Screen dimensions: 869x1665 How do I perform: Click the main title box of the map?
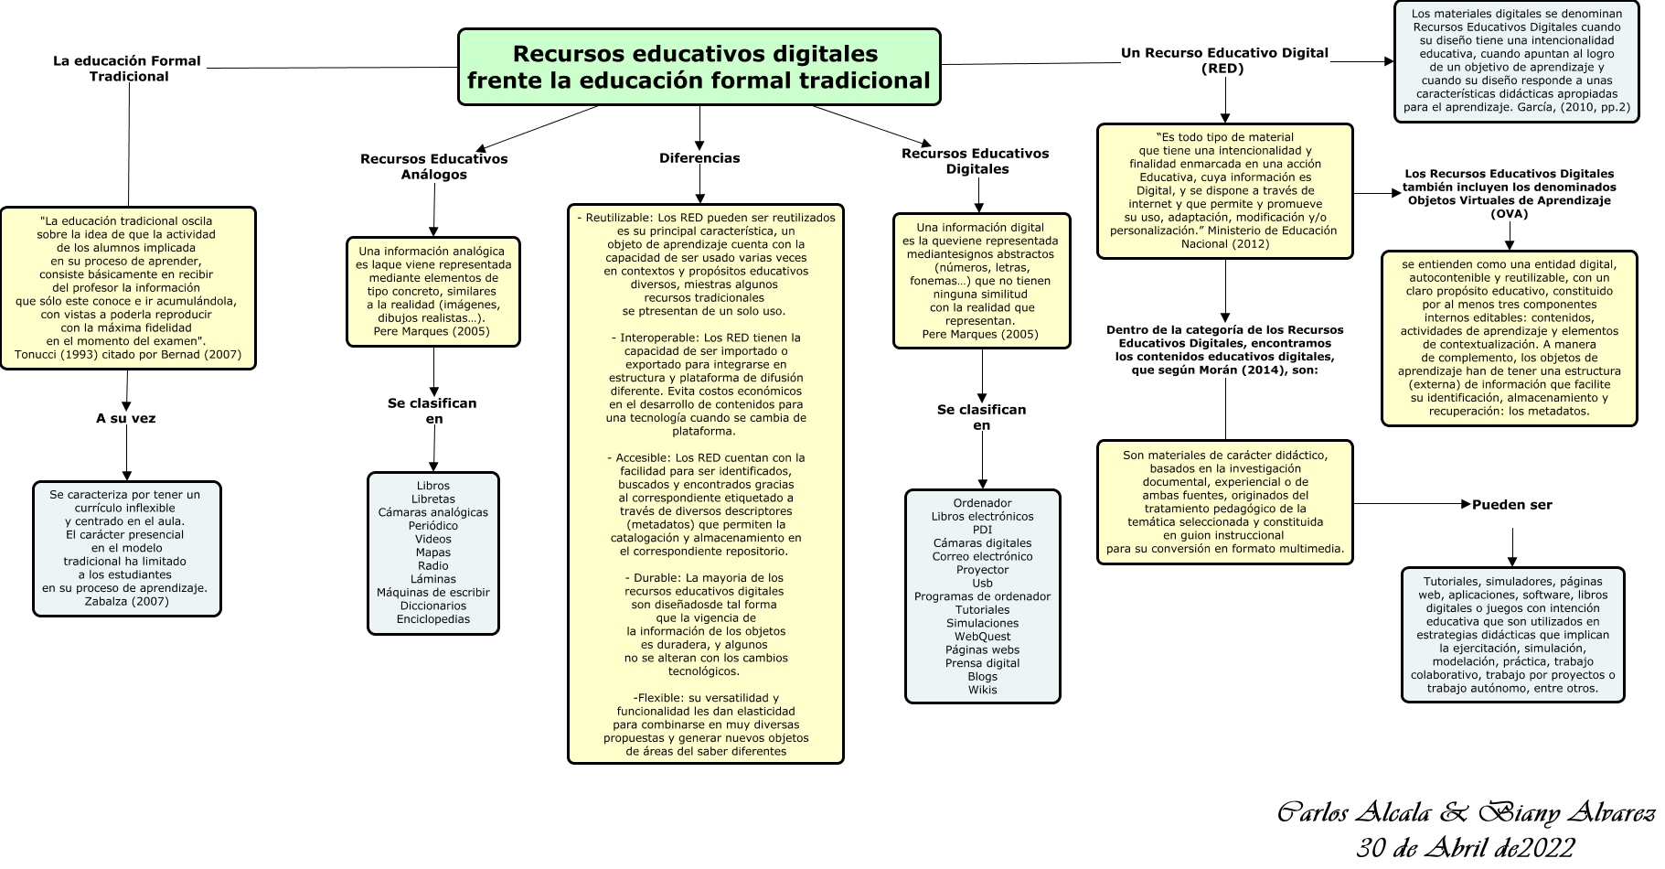699,67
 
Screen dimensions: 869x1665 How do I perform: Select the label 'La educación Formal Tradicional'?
127,69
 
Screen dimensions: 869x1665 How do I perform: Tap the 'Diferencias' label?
699,158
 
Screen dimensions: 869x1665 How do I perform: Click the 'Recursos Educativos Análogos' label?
433,166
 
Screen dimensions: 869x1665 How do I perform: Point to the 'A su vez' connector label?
126,419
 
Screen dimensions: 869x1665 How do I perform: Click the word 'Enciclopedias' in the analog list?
433,619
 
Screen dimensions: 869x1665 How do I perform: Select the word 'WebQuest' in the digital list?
982,637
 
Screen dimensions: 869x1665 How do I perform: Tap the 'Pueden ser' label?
1511,505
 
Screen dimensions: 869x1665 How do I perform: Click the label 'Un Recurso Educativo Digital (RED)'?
1223,60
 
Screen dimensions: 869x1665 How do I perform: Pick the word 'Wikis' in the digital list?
982,690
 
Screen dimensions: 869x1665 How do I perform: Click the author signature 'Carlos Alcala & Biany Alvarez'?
1465,813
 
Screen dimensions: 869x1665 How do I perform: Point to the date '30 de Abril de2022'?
1465,847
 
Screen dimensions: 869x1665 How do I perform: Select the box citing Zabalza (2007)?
126,549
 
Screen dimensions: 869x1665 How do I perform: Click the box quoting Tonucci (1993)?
128,288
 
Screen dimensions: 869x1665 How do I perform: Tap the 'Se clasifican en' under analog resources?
432,411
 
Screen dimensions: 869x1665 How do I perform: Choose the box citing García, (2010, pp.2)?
1516,61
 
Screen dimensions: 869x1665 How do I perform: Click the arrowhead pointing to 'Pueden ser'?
1466,504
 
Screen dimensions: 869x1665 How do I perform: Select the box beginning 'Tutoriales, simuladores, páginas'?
1512,635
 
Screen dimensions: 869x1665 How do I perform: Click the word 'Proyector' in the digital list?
982,570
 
